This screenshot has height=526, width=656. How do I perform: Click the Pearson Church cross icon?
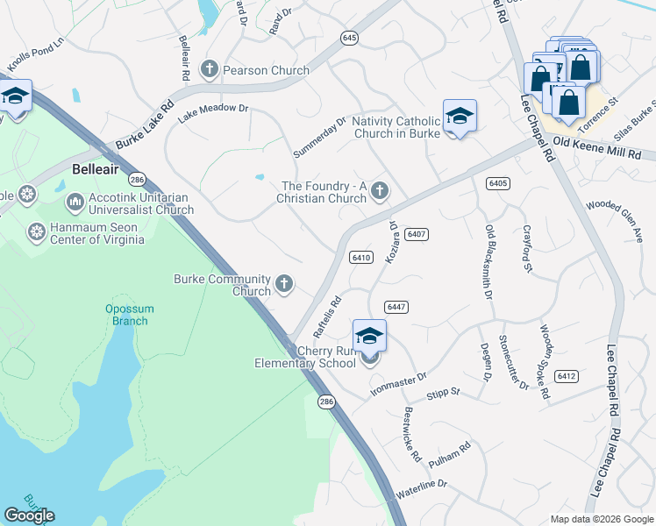pyautogui.click(x=210, y=69)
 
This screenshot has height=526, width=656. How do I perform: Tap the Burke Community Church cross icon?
pyautogui.click(x=283, y=283)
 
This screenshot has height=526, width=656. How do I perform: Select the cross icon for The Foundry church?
pyautogui.click(x=380, y=190)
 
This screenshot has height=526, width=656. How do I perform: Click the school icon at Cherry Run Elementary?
pyautogui.click(x=369, y=338)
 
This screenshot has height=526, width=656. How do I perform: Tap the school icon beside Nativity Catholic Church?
pyautogui.click(x=460, y=117)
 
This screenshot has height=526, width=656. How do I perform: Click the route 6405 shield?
pyautogui.click(x=497, y=182)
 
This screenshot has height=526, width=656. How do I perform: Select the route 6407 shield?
pyautogui.click(x=417, y=234)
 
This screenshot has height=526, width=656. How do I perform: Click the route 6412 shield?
pyautogui.click(x=567, y=376)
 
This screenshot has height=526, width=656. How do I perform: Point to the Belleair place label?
pyautogui.click(x=95, y=167)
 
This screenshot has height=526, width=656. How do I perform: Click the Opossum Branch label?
pyautogui.click(x=129, y=315)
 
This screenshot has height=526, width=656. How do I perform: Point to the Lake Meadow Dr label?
pyautogui.click(x=214, y=112)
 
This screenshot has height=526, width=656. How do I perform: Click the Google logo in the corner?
pyautogui.click(x=29, y=515)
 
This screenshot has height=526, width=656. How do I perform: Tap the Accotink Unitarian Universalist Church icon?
pyautogui.click(x=75, y=203)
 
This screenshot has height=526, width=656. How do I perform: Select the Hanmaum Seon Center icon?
pyautogui.click(x=37, y=232)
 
